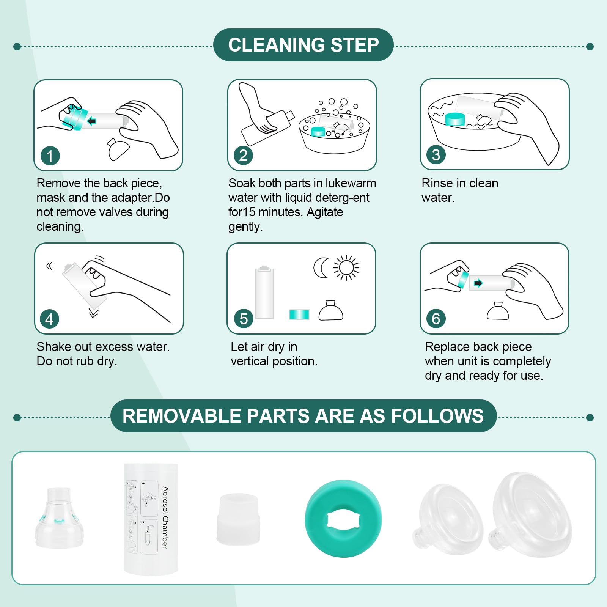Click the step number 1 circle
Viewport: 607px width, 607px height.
50,156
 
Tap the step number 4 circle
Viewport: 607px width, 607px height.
50,319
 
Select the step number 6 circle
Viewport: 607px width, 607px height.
436,319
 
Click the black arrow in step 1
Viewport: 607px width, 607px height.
91,121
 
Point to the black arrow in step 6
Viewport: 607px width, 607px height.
478,283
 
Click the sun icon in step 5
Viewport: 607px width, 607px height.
346,268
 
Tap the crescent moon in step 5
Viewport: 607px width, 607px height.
320,268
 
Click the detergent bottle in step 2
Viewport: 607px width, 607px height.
268,127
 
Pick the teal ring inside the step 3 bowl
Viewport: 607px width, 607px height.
455,119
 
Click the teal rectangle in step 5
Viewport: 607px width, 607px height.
299,315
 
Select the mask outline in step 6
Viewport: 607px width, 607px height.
498,311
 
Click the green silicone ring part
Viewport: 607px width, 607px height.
343,518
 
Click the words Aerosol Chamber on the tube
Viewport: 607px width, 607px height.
165,517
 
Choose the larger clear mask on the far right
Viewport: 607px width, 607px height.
530,514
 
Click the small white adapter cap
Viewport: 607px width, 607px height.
239,519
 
